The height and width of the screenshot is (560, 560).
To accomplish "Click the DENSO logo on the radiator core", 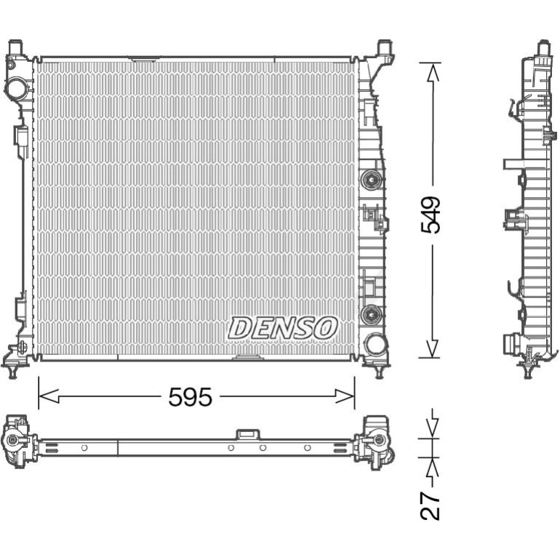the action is point(282,327).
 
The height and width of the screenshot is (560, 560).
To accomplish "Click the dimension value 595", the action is point(190,397).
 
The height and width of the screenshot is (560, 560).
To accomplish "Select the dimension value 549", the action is point(431,215).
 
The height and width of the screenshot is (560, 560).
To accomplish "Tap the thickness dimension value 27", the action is point(430,505).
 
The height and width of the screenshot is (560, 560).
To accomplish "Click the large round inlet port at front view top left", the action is point(17,88).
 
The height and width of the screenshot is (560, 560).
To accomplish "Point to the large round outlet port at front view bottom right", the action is point(375,344).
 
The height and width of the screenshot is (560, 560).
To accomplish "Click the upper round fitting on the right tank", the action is point(371,180).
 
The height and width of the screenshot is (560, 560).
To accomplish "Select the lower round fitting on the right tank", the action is point(371,314).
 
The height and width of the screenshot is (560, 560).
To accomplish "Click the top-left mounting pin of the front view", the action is point(15,47).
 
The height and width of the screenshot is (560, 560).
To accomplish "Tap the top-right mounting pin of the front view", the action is point(384,47).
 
